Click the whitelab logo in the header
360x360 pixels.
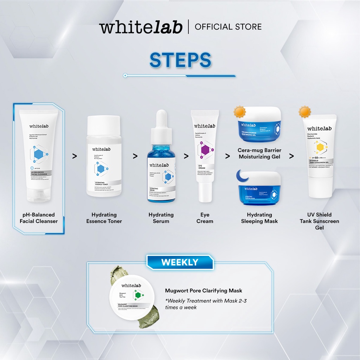click(141, 27)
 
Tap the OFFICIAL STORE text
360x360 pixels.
click(228, 27)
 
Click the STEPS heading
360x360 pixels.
click(180, 60)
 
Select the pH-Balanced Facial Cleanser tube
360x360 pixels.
click(39, 155)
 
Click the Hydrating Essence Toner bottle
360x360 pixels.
click(104, 156)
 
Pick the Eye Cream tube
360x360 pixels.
click(205, 155)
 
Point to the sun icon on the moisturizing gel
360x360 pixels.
click(240, 112)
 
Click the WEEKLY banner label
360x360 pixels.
click(180, 262)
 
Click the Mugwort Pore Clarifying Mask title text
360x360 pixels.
click(204, 291)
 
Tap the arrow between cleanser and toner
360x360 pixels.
click(75, 156)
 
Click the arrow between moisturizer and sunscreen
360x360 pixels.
click(291, 156)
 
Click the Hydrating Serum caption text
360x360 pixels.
click(161, 218)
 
